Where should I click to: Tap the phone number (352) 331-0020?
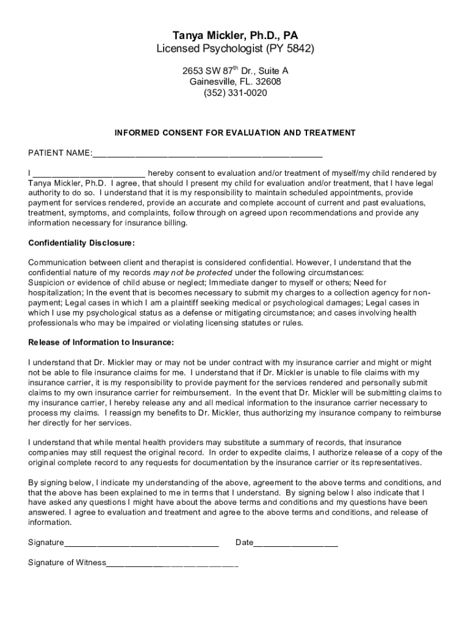[x=235, y=93]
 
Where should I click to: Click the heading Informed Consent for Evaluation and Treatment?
[x=235, y=132]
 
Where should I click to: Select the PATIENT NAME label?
[x=60, y=152]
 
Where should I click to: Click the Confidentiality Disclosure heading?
[x=81, y=243]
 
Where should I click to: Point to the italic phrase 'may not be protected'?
[x=192, y=272]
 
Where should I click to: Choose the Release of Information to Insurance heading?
[x=101, y=342]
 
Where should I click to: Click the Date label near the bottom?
[x=244, y=543]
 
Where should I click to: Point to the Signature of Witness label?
[x=67, y=563]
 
